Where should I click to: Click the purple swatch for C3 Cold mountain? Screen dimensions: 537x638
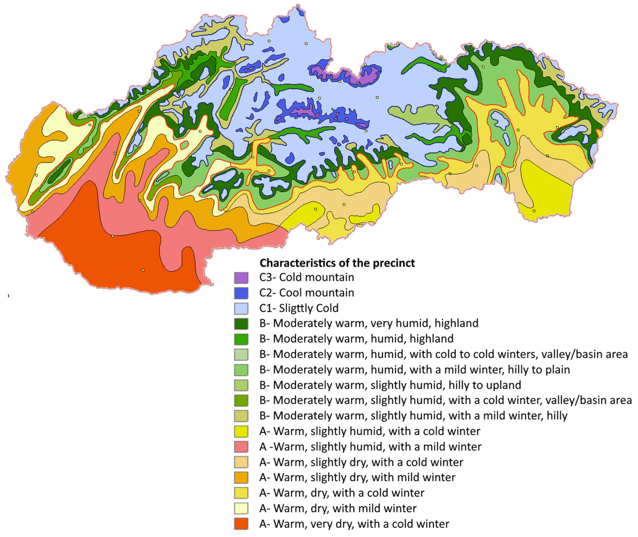pos(241,278)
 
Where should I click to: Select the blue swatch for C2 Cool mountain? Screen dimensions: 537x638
pos(241,293)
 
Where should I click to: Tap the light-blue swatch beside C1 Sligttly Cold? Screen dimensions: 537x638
pos(241,308)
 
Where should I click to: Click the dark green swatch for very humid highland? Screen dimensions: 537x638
pos(241,324)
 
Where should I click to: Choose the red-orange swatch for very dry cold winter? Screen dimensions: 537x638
pos(241,524)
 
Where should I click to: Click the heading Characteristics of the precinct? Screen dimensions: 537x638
pos(337,263)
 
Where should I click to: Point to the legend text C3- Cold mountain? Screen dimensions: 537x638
pos(307,277)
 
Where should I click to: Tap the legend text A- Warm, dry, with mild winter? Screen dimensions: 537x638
pos(338,508)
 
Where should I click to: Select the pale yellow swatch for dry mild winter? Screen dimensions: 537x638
pos(241,508)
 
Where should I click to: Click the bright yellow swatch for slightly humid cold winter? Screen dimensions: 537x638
pos(241,431)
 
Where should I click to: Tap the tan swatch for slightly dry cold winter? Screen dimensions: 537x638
pos(241,462)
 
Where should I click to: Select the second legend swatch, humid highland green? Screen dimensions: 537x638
pos(241,339)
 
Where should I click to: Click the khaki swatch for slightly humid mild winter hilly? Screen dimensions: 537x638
pos(241,416)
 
